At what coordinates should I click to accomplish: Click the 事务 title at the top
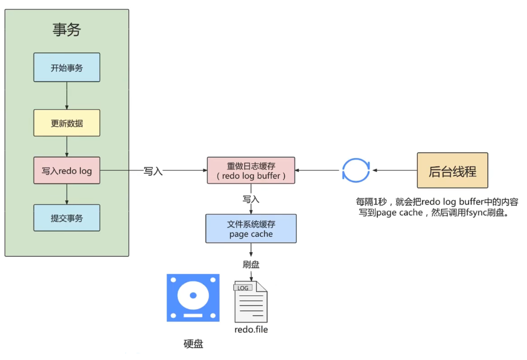tap(67, 30)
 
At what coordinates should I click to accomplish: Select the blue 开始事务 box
tap(67, 67)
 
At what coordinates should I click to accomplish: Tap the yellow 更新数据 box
tap(67, 123)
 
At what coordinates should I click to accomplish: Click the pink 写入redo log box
tap(67, 171)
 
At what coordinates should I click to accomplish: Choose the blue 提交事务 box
tap(67, 218)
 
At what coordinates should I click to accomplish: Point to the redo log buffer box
tap(251, 170)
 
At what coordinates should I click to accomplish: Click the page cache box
tap(251, 229)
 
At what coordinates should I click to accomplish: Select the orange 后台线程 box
tap(452, 170)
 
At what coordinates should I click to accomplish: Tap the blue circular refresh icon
tap(356, 170)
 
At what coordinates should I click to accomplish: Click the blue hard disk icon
tap(193, 298)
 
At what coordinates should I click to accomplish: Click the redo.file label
tap(251, 330)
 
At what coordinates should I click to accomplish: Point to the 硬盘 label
tap(193, 344)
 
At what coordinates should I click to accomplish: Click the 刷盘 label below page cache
tap(251, 264)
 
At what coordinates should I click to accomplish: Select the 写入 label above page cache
tap(251, 199)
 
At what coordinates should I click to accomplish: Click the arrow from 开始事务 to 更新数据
tap(67, 96)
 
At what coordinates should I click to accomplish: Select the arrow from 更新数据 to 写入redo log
tap(67, 147)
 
